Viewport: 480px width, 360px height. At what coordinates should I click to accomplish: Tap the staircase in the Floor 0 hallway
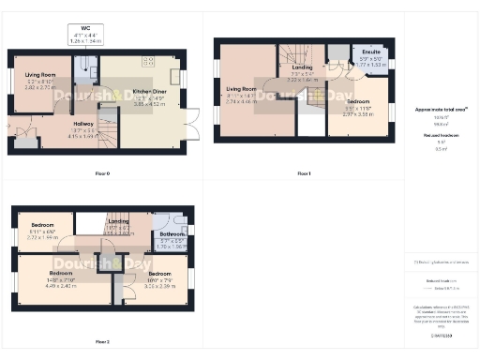108,123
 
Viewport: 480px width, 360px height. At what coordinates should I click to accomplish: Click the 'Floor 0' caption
102,173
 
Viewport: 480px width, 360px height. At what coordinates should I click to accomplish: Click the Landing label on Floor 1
302,67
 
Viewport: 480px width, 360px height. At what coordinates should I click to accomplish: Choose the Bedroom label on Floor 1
358,100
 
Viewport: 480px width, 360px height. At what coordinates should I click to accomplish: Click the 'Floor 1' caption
303,173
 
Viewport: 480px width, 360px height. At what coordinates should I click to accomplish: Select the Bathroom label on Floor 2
172,234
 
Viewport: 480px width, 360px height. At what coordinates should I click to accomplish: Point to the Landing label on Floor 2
118,221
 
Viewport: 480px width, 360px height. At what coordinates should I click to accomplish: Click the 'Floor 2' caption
102,342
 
